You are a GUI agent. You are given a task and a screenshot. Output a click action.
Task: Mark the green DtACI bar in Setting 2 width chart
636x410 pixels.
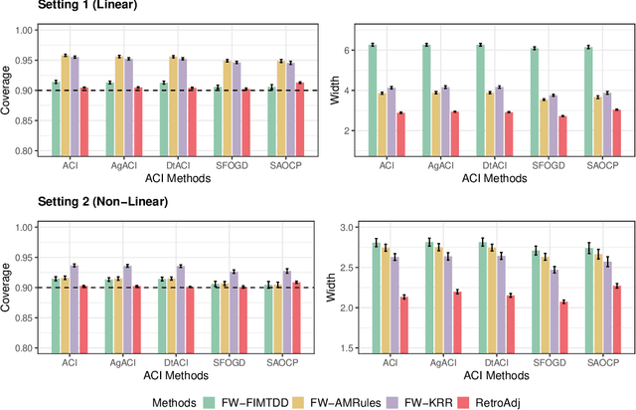point(482,296)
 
